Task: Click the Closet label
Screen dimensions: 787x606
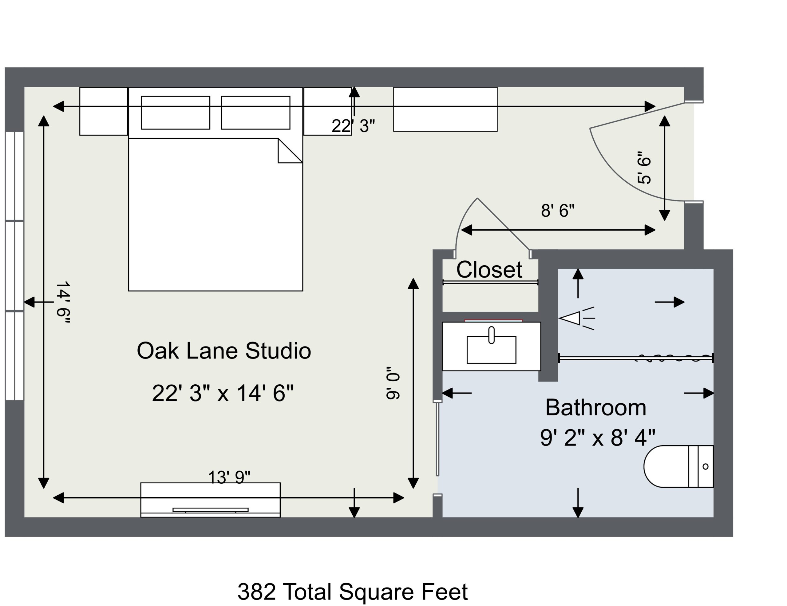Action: click(x=489, y=270)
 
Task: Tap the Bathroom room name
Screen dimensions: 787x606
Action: click(x=596, y=407)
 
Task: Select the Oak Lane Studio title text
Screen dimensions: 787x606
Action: click(x=224, y=351)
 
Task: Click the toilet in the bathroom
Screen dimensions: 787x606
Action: click(x=678, y=466)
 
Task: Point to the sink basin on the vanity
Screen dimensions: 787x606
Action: click(x=491, y=350)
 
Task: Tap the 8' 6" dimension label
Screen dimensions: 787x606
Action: click(x=557, y=210)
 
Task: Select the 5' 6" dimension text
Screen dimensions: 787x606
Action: click(x=644, y=168)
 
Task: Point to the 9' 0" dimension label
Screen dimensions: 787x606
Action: click(x=393, y=383)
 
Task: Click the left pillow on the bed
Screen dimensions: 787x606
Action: click(x=176, y=113)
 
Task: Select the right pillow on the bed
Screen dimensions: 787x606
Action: click(x=255, y=113)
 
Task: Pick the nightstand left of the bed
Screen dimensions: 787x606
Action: click(x=103, y=111)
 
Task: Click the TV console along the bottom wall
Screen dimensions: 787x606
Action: click(x=211, y=500)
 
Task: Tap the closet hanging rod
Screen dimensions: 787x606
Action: click(x=490, y=283)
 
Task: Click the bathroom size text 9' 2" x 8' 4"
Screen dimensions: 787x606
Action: click(x=597, y=438)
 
